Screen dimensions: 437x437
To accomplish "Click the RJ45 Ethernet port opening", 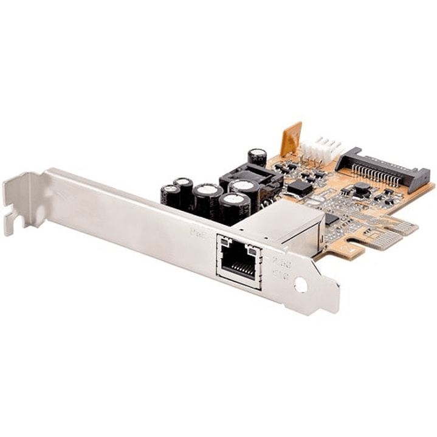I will (239, 262).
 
